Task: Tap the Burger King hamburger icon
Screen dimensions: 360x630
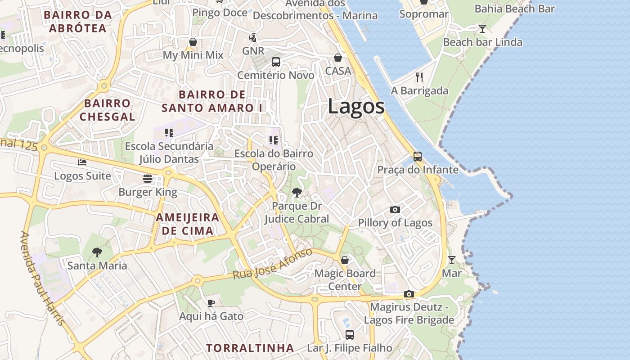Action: click(147, 179)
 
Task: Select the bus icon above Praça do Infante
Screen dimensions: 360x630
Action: click(418, 157)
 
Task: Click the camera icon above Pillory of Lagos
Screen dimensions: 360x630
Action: click(395, 209)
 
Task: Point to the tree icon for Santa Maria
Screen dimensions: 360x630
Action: click(97, 252)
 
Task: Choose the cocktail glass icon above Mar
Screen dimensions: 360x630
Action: click(451, 260)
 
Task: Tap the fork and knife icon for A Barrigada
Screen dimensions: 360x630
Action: click(419, 77)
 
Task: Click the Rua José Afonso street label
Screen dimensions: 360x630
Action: click(272, 264)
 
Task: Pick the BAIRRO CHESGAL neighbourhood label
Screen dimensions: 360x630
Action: click(107, 110)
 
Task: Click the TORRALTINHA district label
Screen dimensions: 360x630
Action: click(250, 348)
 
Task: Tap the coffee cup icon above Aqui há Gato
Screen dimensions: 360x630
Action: click(211, 303)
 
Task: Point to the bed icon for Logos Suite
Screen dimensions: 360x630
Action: click(82, 162)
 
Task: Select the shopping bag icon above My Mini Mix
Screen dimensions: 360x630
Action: click(193, 42)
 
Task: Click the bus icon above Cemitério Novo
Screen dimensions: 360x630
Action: click(275, 62)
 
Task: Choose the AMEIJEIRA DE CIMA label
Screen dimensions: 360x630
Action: click(187, 224)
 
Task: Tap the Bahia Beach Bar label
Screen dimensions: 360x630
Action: click(515, 9)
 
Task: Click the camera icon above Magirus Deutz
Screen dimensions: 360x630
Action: click(409, 294)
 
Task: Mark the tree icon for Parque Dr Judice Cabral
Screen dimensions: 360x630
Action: click(297, 193)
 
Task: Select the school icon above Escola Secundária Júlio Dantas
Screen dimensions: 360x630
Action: click(169, 133)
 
